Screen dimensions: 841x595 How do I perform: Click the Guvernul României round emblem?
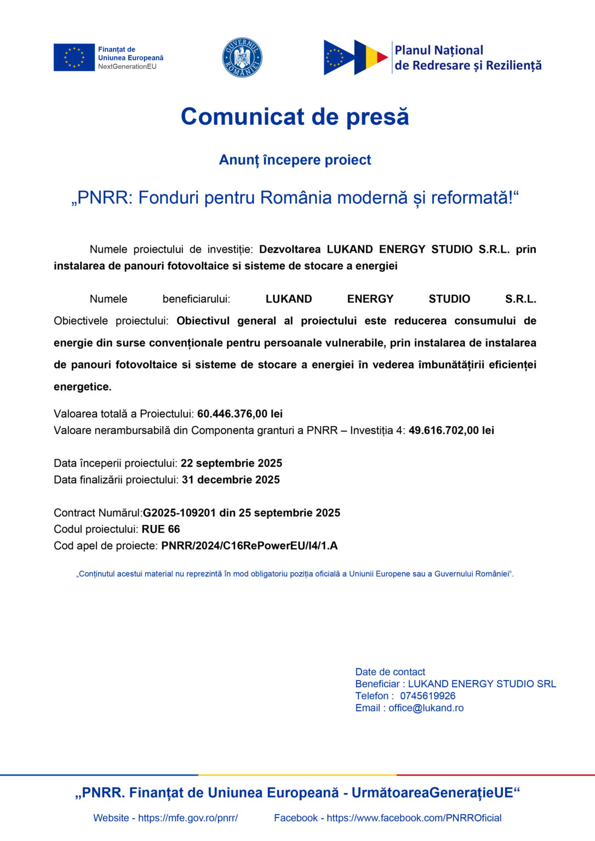(x=242, y=57)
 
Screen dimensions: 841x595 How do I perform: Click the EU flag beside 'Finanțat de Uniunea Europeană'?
(x=74, y=57)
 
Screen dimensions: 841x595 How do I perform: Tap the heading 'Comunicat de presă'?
(x=295, y=117)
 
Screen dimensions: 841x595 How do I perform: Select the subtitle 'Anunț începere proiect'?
(x=295, y=160)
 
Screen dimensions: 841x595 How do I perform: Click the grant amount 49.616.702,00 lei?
(x=451, y=430)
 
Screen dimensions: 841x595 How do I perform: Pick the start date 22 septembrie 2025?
(x=231, y=463)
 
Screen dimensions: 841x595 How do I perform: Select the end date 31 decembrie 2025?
(x=231, y=480)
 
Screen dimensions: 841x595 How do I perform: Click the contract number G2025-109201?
(x=179, y=513)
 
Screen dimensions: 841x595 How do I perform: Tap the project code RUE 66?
(x=161, y=529)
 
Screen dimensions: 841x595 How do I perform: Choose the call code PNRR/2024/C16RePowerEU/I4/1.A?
(x=249, y=546)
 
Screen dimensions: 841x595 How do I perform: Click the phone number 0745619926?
(x=427, y=696)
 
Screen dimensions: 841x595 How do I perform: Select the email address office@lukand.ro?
(x=426, y=708)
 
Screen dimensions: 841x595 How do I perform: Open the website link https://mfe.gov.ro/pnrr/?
(x=188, y=818)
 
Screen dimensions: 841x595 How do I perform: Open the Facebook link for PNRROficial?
(x=414, y=818)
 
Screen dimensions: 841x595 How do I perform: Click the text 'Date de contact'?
(x=390, y=672)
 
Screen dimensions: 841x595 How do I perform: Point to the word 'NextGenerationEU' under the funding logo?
(x=127, y=67)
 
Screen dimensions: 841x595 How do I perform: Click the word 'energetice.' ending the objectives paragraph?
(x=83, y=387)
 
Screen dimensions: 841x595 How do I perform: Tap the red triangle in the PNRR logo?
(x=382, y=57)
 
